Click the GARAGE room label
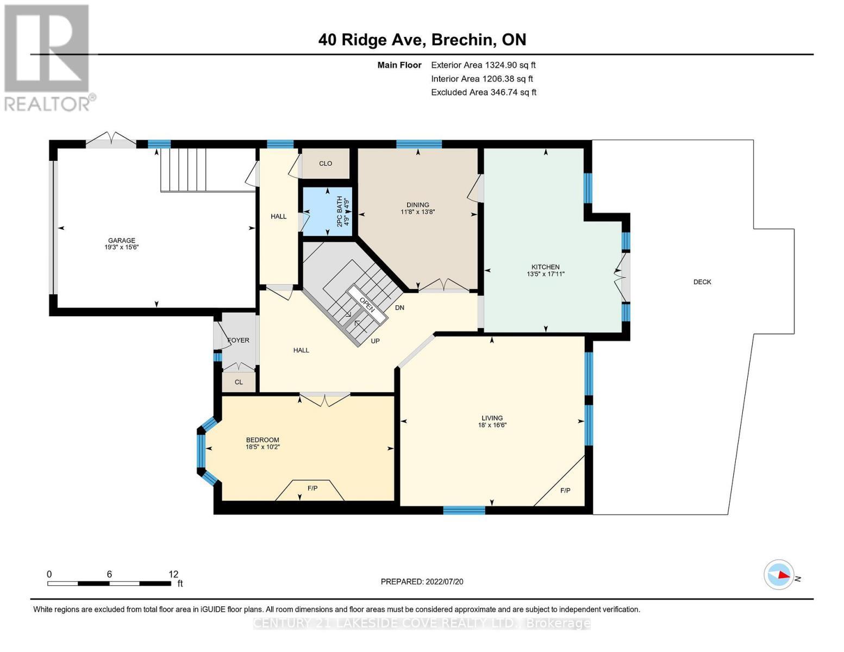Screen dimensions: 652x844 pyautogui.click(x=121, y=240)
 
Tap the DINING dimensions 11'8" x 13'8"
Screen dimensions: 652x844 pyautogui.click(x=417, y=212)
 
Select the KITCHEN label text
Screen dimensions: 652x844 pyautogui.click(x=545, y=267)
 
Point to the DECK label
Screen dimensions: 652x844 pyautogui.click(x=702, y=282)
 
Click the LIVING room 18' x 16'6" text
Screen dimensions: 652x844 pyautogui.click(x=491, y=425)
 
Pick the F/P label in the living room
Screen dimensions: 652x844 pyautogui.click(x=565, y=491)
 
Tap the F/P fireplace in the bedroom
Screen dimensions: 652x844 pyautogui.click(x=312, y=488)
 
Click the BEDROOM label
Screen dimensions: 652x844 pyautogui.click(x=262, y=440)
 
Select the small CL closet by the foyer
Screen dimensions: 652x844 pyautogui.click(x=239, y=382)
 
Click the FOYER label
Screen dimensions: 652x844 pyautogui.click(x=238, y=340)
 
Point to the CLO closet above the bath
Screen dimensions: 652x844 pyautogui.click(x=326, y=164)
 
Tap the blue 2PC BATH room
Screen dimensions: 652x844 pyautogui.click(x=327, y=211)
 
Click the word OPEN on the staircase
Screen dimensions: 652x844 pyautogui.click(x=367, y=303)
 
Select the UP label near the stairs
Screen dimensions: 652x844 pyautogui.click(x=375, y=341)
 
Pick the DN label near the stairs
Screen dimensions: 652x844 pyautogui.click(x=399, y=308)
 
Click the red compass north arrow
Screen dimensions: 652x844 pyautogui.click(x=783, y=574)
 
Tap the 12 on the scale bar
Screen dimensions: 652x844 pyautogui.click(x=173, y=574)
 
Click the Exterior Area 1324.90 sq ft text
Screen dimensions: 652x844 pyautogui.click(x=483, y=65)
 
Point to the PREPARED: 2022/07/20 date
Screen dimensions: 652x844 pyautogui.click(x=422, y=581)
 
